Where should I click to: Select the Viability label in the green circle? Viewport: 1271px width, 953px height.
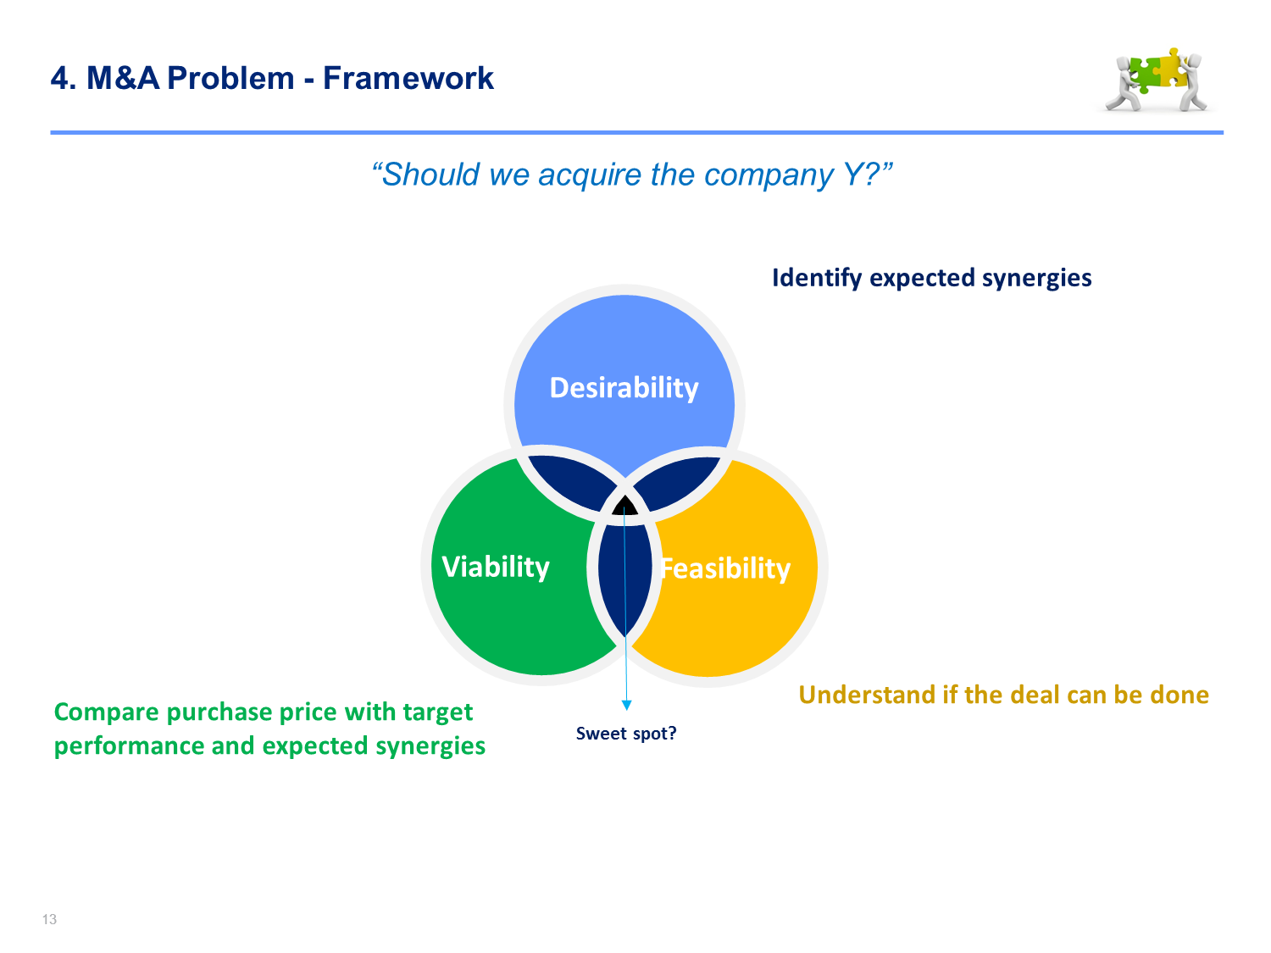(x=495, y=567)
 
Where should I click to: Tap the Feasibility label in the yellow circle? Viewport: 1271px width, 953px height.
(x=725, y=568)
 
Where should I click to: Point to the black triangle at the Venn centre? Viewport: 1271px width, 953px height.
(x=624, y=506)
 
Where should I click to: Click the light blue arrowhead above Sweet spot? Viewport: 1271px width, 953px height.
(x=626, y=705)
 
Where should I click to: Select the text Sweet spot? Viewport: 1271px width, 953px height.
(x=625, y=733)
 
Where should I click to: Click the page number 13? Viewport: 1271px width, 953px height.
(x=49, y=919)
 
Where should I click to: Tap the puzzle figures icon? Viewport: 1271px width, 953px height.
(x=1157, y=80)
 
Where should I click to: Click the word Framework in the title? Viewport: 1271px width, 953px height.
(x=408, y=78)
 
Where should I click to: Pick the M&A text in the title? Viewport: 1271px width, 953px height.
(x=123, y=78)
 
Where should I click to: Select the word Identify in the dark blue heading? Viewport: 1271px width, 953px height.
(x=817, y=279)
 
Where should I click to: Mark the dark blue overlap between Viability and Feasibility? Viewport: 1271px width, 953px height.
(x=624, y=579)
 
